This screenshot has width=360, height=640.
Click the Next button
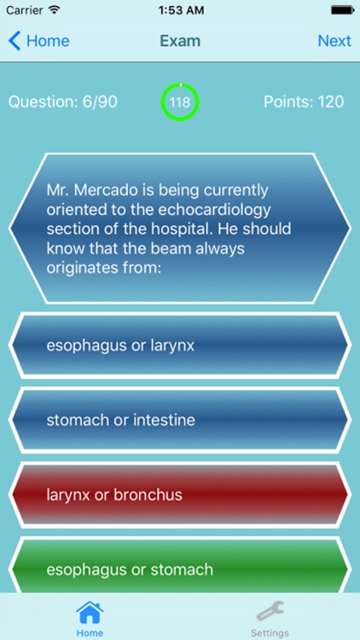334,41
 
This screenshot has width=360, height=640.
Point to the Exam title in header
179,41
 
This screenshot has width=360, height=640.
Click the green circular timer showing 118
179,102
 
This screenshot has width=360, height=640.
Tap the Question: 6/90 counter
63,102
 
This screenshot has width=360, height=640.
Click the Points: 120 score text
304,102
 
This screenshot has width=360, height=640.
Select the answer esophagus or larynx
179,346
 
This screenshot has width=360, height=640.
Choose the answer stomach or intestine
179,420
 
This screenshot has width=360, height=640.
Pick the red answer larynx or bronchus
179,494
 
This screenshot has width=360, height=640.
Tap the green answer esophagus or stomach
179,567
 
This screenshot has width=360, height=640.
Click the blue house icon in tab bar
90,613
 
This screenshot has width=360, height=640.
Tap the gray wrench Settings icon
270,613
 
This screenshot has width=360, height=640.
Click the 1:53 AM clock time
179,11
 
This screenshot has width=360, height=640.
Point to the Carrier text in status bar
23,11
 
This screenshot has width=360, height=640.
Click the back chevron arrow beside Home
15,41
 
